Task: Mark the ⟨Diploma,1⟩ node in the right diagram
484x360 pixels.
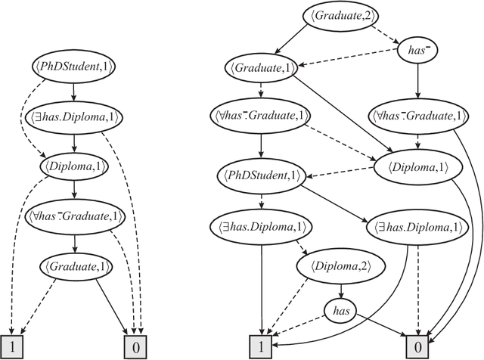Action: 413,169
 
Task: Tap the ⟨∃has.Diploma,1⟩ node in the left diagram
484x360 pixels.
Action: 79,118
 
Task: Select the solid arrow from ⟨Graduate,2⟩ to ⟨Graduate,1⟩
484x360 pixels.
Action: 287,41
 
